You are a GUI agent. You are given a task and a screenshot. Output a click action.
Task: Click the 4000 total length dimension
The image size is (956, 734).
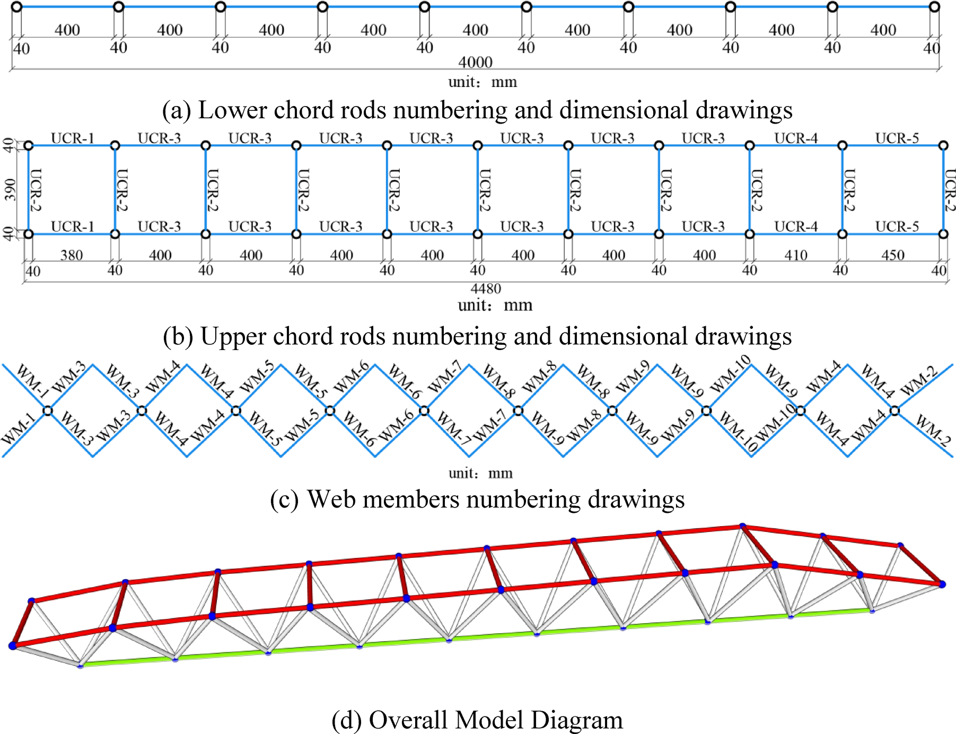tap(475, 62)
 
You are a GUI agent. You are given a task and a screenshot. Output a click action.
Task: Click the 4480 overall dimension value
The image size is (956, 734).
tap(486, 289)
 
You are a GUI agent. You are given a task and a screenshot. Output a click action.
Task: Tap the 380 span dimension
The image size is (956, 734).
tap(72, 256)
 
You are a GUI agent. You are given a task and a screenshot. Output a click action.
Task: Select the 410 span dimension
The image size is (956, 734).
tap(795, 256)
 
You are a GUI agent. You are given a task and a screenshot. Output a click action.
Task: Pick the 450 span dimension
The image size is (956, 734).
tap(892, 256)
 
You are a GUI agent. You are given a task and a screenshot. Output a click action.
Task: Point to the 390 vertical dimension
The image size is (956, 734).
tap(10, 189)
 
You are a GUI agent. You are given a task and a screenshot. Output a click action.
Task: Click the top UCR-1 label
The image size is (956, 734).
tap(73, 138)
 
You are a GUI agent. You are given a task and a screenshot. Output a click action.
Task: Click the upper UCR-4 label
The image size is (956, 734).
tap(796, 138)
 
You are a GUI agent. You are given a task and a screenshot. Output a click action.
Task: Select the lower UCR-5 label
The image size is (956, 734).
tap(897, 227)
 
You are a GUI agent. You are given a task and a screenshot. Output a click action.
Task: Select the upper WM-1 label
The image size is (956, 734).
tap(32, 380)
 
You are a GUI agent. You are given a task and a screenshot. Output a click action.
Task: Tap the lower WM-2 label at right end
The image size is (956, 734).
tap(933, 430)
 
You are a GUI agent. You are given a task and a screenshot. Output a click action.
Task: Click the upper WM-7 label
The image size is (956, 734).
tap(445, 377)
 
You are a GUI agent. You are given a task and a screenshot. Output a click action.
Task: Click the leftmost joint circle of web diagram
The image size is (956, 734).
tap(48, 410)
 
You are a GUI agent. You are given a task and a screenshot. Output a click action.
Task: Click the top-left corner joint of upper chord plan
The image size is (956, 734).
tap(29, 145)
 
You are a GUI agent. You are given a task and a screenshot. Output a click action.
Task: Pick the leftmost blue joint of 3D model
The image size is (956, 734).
tap(13, 645)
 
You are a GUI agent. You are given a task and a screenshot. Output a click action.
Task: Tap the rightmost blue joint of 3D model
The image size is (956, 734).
tap(942, 584)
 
